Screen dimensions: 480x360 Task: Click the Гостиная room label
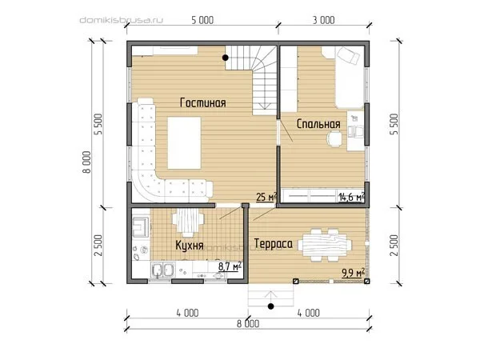(x=203, y=103)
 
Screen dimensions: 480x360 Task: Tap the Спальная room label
(x=318, y=124)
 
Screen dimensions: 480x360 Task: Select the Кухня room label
(x=190, y=246)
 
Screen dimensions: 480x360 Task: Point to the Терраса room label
(x=274, y=244)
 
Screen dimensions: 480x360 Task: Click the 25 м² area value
(x=266, y=197)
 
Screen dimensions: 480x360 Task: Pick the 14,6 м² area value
(x=352, y=197)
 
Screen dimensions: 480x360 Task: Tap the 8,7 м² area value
(x=230, y=266)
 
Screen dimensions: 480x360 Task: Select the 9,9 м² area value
(x=353, y=273)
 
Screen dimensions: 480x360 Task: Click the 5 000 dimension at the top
(x=202, y=20)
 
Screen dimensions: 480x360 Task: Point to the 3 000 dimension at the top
(x=323, y=20)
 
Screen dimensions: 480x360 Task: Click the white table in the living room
(x=184, y=142)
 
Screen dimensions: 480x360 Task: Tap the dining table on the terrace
(x=325, y=245)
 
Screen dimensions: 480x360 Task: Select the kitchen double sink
(x=162, y=270)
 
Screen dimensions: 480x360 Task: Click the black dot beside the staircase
(x=226, y=58)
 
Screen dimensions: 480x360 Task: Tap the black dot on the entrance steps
(x=270, y=306)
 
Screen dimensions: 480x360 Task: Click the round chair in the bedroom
(x=334, y=138)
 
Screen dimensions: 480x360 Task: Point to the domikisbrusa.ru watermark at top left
(x=122, y=20)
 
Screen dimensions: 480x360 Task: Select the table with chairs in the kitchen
(x=188, y=222)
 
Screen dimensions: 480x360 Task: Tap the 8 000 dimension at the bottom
(x=248, y=324)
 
